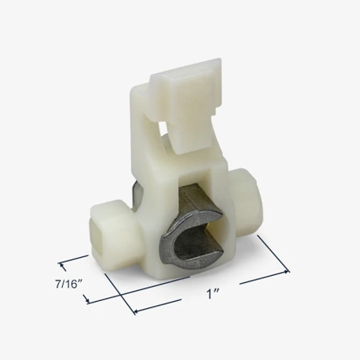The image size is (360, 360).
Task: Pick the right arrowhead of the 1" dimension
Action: tap(286, 271)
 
